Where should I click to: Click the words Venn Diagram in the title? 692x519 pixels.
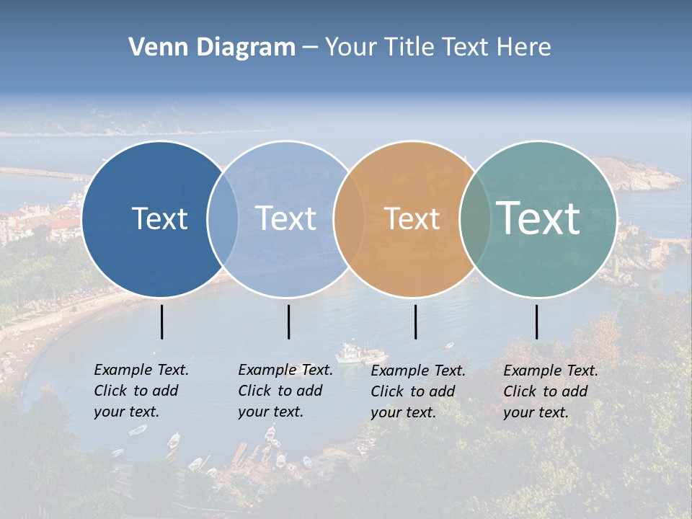click(211, 48)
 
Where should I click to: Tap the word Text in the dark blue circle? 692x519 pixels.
click(159, 218)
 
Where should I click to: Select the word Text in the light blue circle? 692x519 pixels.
click(286, 218)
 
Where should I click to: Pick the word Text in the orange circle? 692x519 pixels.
click(412, 218)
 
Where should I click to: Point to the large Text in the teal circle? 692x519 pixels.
click(538, 218)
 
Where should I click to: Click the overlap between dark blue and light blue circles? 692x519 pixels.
click(223, 218)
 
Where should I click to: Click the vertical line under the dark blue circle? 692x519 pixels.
click(161, 321)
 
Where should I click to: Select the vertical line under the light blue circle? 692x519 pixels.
click(288, 321)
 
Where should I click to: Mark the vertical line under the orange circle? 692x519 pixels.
click(415, 321)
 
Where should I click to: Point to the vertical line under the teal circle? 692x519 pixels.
click(536, 321)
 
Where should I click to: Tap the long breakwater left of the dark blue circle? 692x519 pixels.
click(43, 174)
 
